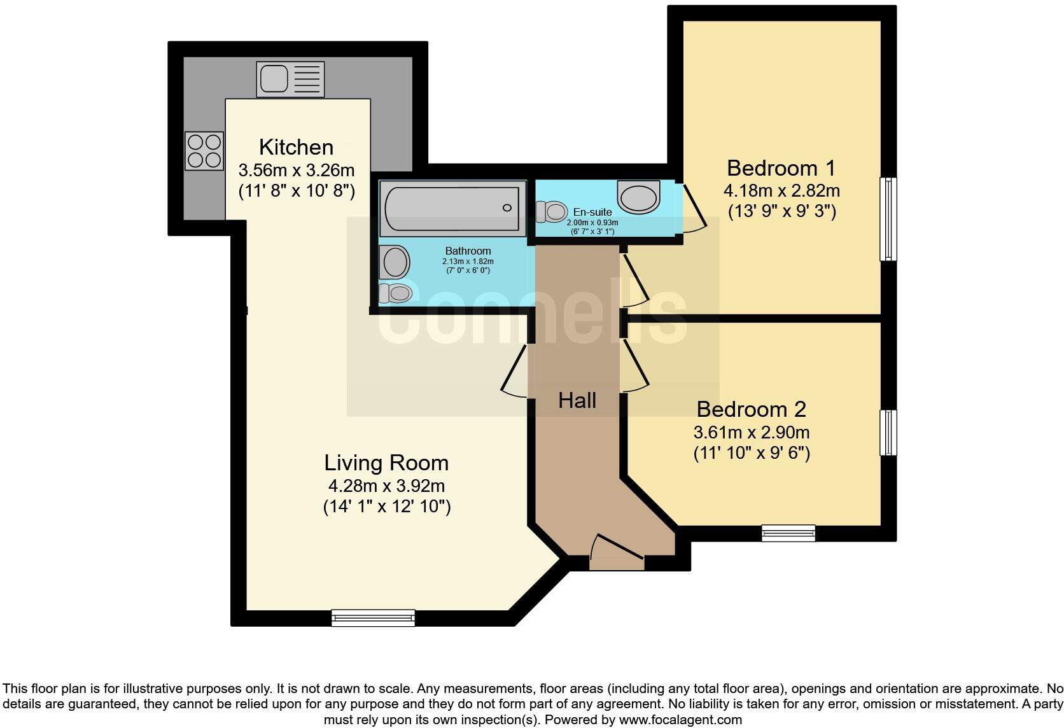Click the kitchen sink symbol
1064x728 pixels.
(x=290, y=79)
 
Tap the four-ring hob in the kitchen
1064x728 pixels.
(x=204, y=151)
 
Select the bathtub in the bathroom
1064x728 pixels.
(x=452, y=208)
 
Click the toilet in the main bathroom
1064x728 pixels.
(x=395, y=293)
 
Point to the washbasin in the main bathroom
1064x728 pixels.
(x=395, y=262)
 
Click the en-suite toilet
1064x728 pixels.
(x=552, y=211)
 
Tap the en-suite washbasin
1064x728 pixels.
(x=639, y=197)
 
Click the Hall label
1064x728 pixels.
(x=577, y=400)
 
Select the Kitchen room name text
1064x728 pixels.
(x=296, y=147)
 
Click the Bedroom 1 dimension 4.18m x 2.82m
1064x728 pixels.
(x=781, y=190)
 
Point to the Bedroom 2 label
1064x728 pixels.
(x=751, y=409)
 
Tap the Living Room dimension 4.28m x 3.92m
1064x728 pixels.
(x=386, y=486)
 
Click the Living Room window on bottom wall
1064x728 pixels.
(x=373, y=617)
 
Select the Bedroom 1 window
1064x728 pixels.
(x=888, y=219)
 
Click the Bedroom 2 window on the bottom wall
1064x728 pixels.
(x=788, y=533)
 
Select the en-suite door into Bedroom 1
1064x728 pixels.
(x=692, y=207)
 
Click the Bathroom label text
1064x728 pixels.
(x=468, y=251)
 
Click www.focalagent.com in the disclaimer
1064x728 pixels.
(x=680, y=720)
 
